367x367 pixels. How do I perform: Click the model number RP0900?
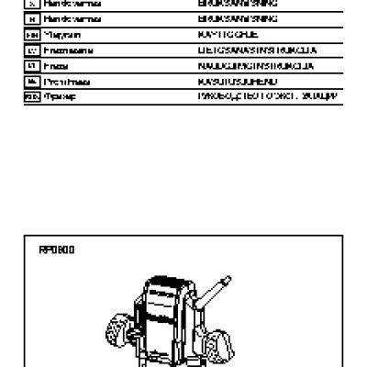[56, 250]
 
